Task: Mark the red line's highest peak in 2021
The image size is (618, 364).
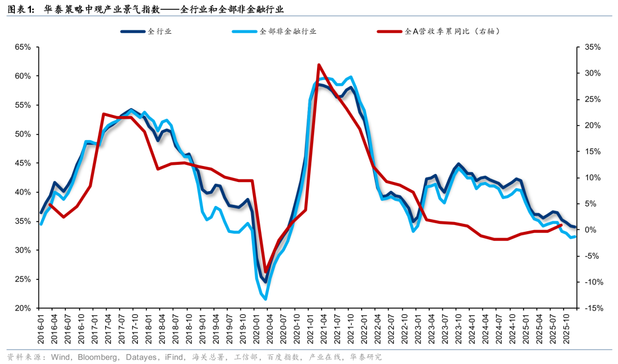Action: (x=319, y=65)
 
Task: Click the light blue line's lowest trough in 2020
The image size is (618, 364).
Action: (x=266, y=299)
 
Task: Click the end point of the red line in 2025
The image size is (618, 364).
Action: (x=561, y=225)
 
